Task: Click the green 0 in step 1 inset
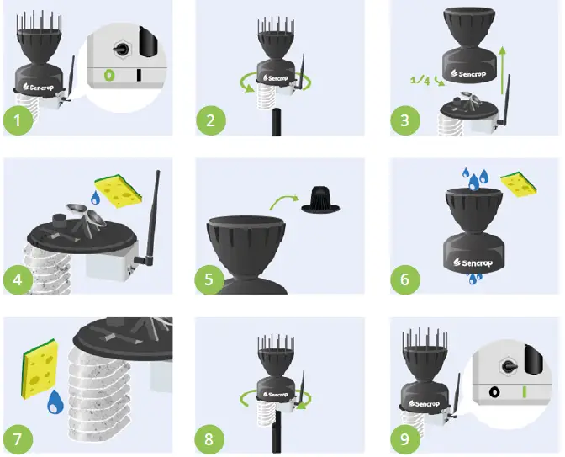point(107,75)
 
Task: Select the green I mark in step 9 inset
point(524,391)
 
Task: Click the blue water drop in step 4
point(95,199)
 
